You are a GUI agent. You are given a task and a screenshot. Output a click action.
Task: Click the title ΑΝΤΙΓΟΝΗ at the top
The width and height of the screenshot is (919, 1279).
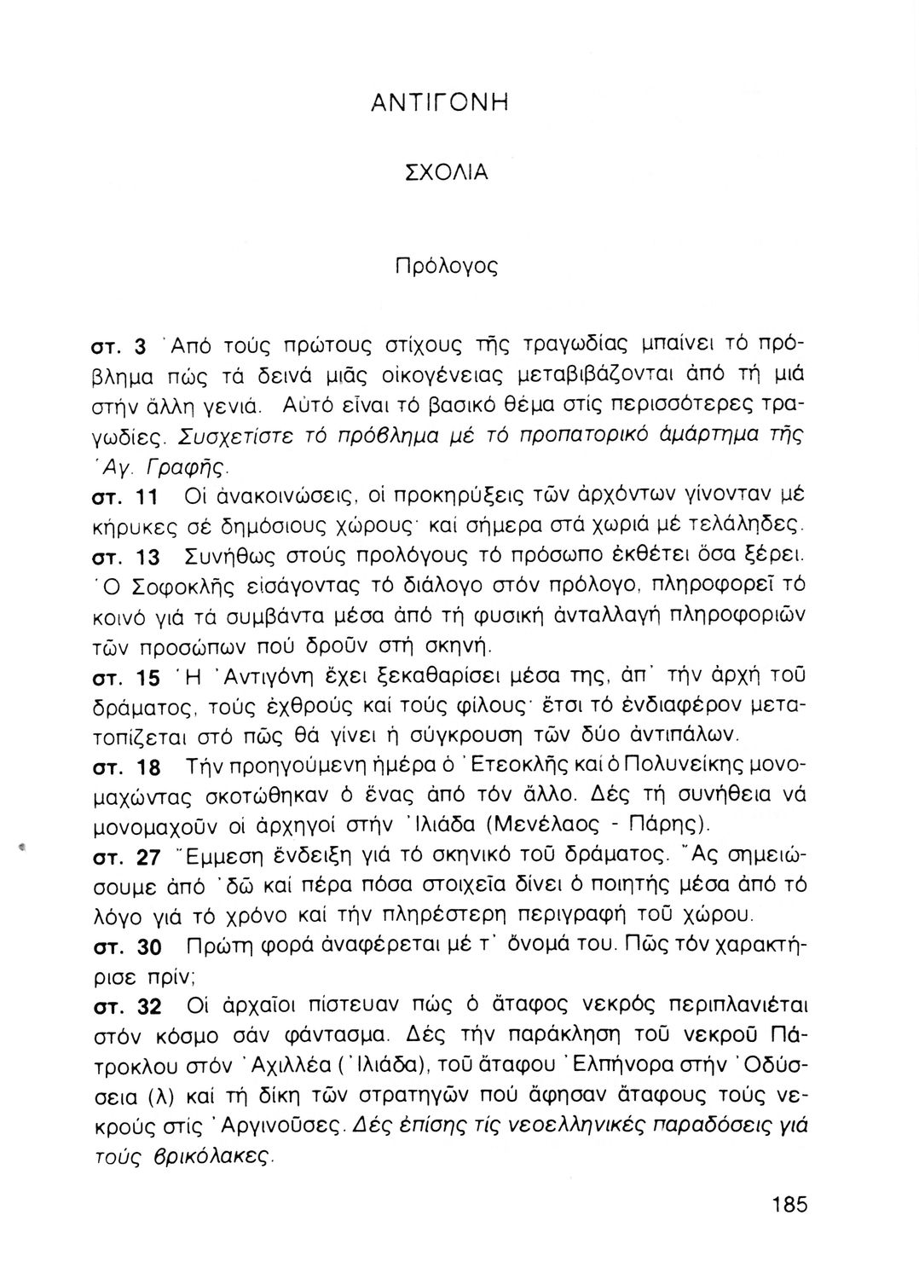click(440, 103)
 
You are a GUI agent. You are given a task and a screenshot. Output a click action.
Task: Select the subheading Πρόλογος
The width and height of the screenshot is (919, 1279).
click(446, 266)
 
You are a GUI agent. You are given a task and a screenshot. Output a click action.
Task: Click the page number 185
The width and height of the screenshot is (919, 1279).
click(789, 1205)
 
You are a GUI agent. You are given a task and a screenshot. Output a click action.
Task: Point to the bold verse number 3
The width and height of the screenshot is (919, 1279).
click(142, 346)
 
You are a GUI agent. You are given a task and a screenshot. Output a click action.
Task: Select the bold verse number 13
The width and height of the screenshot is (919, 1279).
click(147, 558)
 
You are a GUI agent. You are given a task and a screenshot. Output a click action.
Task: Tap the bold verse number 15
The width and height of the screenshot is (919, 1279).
click(147, 679)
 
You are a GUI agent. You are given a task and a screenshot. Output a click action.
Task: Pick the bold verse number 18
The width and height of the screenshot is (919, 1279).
click(148, 768)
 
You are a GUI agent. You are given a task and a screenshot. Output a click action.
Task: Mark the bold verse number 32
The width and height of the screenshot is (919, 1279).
click(149, 1007)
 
